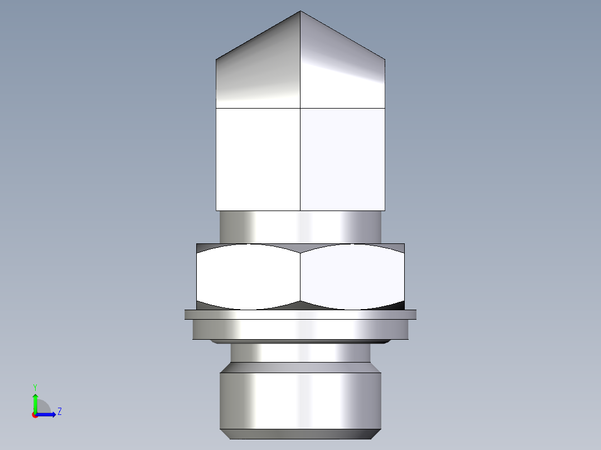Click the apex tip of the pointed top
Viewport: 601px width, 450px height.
[x=300, y=12]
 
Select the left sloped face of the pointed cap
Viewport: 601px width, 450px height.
[x=258, y=70]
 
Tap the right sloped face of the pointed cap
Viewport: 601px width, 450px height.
[x=342, y=70]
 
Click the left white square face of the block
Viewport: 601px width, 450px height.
[x=258, y=159]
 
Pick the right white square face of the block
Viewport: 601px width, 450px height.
[x=342, y=159]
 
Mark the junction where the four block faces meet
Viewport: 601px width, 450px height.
[x=300, y=107]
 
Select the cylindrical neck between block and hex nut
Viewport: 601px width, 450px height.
[x=300, y=227]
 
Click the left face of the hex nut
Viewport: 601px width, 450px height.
[x=249, y=277]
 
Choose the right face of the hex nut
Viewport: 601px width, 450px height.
[x=352, y=277]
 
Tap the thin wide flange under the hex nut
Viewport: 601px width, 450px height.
[x=300, y=315]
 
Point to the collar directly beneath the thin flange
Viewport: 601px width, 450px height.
[x=300, y=329]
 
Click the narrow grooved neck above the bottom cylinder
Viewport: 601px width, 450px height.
[x=300, y=353]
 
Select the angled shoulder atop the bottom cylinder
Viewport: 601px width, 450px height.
[x=300, y=368]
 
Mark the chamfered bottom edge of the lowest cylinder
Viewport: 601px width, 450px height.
[x=300, y=434]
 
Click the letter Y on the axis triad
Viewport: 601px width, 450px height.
[x=35, y=387]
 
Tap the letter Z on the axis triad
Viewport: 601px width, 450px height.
[x=59, y=412]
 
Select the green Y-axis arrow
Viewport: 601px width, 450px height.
[x=35, y=402]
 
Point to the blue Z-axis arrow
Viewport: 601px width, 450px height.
[x=48, y=414]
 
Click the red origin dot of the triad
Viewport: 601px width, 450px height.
[x=35, y=415]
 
